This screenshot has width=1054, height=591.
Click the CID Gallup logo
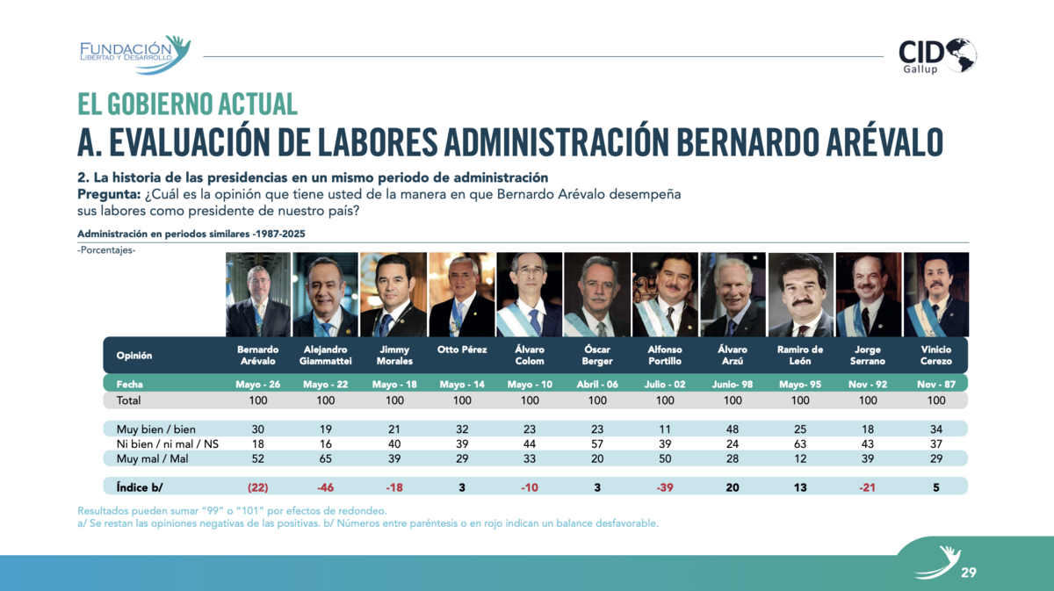click(937, 56)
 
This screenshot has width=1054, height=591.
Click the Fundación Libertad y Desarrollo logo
click(135, 54)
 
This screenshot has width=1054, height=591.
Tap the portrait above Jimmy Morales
click(393, 294)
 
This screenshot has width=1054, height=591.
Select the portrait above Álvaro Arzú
click(733, 294)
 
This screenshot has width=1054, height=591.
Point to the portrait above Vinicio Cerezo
click(936, 294)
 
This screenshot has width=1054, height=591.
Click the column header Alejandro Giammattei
click(325, 356)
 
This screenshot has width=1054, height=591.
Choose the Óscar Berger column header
click(597, 356)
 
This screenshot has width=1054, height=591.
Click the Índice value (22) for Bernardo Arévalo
click(258, 487)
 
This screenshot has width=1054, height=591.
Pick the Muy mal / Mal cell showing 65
click(325, 458)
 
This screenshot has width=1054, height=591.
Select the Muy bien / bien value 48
click(733, 429)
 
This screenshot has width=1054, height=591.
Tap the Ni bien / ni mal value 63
click(800, 443)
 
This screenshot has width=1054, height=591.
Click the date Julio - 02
click(664, 385)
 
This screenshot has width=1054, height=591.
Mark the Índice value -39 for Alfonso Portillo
click(664, 487)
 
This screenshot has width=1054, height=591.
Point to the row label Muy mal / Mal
click(152, 458)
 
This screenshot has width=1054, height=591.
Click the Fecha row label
click(129, 385)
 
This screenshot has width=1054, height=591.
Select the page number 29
click(968, 573)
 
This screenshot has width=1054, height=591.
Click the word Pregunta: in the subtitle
click(109, 194)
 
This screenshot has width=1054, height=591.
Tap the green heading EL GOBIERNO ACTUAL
click(187, 104)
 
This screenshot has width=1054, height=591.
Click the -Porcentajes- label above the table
click(106, 250)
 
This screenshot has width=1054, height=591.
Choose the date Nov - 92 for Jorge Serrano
click(868, 385)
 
